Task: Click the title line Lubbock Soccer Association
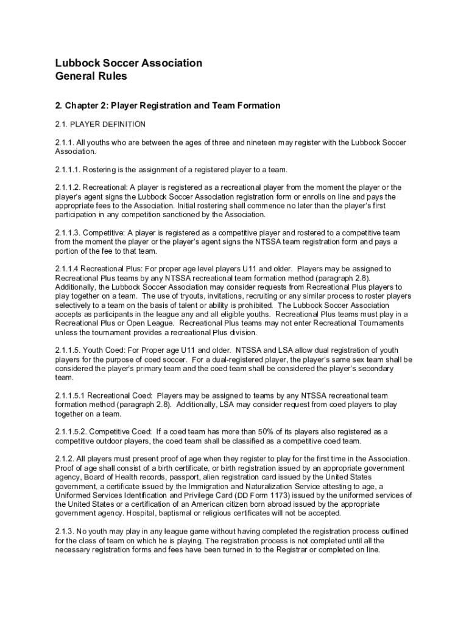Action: click(129, 63)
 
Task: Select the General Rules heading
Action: click(91, 77)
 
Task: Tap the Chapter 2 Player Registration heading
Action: click(167, 106)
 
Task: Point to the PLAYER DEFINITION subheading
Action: click(108, 125)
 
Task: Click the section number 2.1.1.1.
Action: click(67, 169)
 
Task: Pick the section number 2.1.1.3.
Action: click(67, 233)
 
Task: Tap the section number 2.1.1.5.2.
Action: click(71, 432)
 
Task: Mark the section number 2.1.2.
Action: click(65, 459)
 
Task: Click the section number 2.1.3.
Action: click(65, 532)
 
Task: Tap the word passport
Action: click(189, 478)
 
